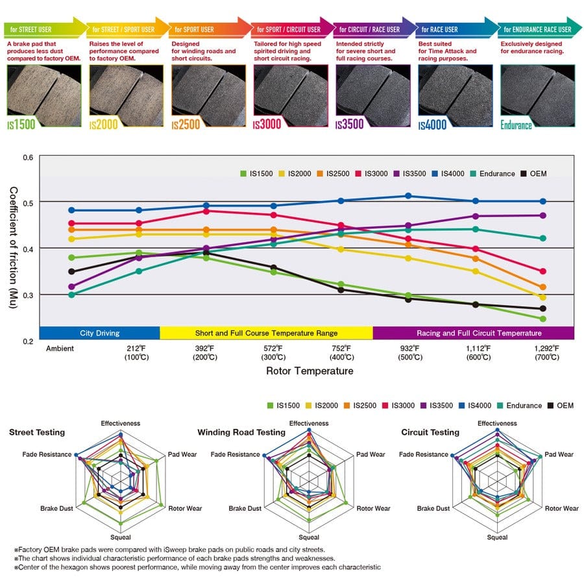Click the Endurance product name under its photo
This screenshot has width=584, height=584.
point(517,125)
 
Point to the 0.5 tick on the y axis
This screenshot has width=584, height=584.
point(28,202)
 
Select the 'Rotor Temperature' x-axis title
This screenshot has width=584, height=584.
point(310,371)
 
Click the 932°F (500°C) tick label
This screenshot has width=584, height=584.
point(408,352)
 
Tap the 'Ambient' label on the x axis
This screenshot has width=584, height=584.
point(60,348)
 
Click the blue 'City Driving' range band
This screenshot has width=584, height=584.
point(99,333)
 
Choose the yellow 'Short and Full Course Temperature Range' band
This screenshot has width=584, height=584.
point(266,333)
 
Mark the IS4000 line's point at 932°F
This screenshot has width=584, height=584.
point(408,195)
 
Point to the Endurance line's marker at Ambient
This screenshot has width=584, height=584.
point(71,295)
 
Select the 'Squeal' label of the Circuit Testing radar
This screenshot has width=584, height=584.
point(497,537)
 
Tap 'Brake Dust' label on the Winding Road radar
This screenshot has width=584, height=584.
point(245,509)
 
